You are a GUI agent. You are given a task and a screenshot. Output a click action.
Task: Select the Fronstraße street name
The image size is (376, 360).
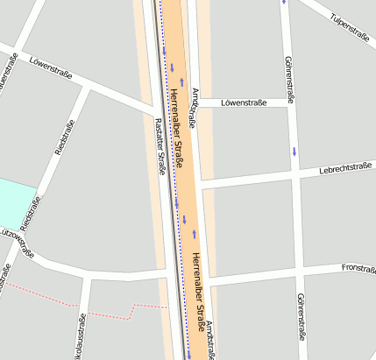358,267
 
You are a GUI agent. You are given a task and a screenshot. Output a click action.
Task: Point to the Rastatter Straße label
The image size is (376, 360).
160,145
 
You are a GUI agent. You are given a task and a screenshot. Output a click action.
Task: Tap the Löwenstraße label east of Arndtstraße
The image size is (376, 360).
244,103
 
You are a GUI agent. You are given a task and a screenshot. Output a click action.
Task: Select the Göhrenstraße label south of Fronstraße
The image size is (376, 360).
301,315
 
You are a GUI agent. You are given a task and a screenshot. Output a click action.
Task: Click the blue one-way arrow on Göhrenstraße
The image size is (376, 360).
294,152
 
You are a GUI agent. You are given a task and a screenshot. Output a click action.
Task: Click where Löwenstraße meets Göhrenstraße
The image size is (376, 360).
289,103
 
